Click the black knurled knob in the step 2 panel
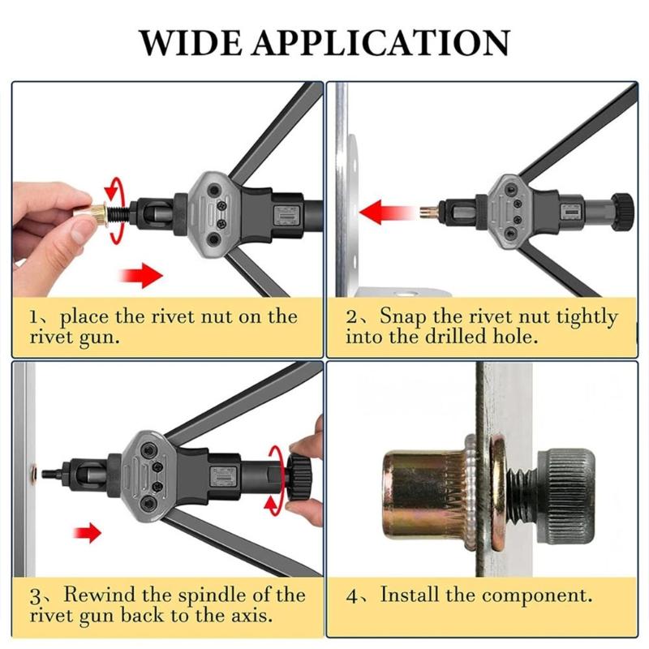coord(621,211)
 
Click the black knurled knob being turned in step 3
coord(301,476)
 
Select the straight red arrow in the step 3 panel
coord(89,533)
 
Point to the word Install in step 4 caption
coord(412,595)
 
